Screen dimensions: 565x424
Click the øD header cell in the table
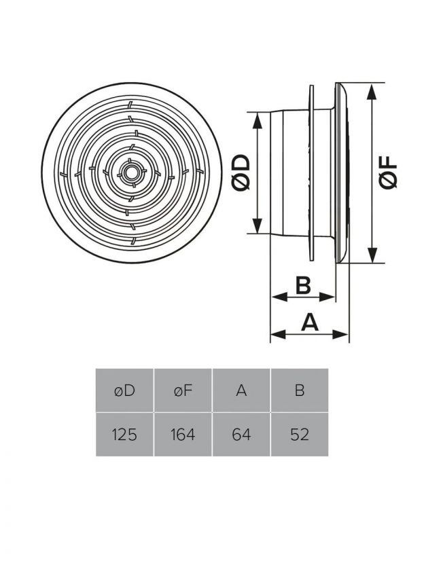tap(125, 390)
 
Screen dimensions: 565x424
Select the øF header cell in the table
tap(183, 390)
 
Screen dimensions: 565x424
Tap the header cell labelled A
tap(241, 390)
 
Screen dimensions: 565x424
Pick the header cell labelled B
tap(300, 390)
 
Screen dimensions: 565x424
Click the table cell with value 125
tap(125, 434)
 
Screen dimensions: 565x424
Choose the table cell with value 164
tap(183, 434)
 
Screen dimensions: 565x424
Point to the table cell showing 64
tap(241, 434)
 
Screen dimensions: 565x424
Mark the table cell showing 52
tap(300, 434)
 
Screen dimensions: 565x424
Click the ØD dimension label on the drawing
tap(241, 172)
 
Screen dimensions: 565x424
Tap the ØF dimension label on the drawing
tap(388, 172)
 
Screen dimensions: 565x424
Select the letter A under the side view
tap(310, 321)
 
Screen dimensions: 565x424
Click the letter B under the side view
tap(303, 285)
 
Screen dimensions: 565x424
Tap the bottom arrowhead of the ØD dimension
tap(258, 227)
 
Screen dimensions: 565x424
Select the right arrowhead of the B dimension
tap(331, 297)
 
